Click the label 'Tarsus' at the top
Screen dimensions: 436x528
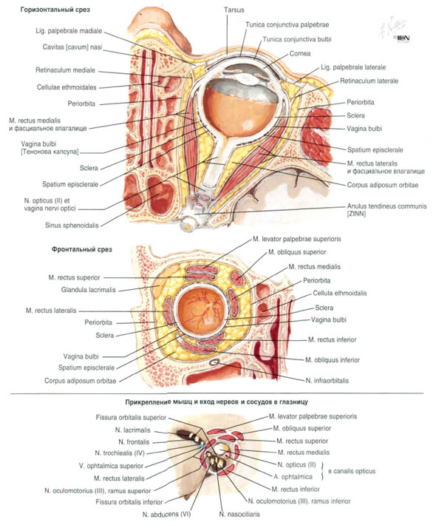coord(234,10)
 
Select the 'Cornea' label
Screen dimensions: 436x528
coord(300,53)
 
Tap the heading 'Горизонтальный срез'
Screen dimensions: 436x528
coord(55,10)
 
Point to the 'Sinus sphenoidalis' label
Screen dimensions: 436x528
coord(72,226)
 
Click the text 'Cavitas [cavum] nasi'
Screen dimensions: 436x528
coord(72,47)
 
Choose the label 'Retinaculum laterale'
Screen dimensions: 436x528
coord(369,81)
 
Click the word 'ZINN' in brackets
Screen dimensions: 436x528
coord(356,214)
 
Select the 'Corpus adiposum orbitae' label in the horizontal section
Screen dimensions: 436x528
coord(383,185)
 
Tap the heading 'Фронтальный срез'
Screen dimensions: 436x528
coord(82,249)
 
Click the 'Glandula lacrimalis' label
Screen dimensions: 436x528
coord(89,290)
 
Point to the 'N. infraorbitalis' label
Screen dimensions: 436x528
coord(327,381)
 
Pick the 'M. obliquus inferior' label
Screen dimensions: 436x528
coord(333,360)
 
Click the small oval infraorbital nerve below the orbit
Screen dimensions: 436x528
coord(214,362)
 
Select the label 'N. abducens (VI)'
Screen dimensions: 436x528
coord(166,515)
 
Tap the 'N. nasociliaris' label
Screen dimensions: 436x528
coord(239,514)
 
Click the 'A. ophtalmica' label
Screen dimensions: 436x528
coord(293,477)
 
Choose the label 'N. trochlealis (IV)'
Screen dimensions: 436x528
coord(120,453)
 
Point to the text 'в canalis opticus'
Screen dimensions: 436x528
coord(352,471)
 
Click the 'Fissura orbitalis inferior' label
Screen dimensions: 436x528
coord(129,502)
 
